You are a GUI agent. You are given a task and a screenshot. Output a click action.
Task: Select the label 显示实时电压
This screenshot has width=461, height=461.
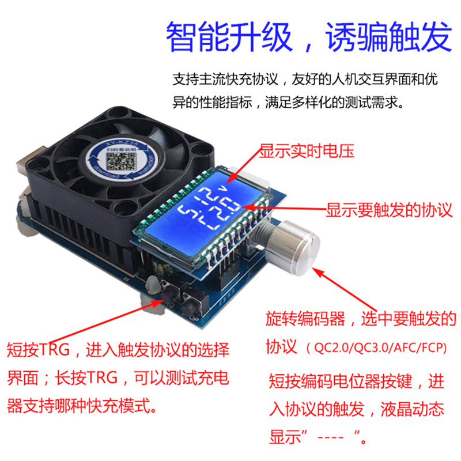tap(305, 152)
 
